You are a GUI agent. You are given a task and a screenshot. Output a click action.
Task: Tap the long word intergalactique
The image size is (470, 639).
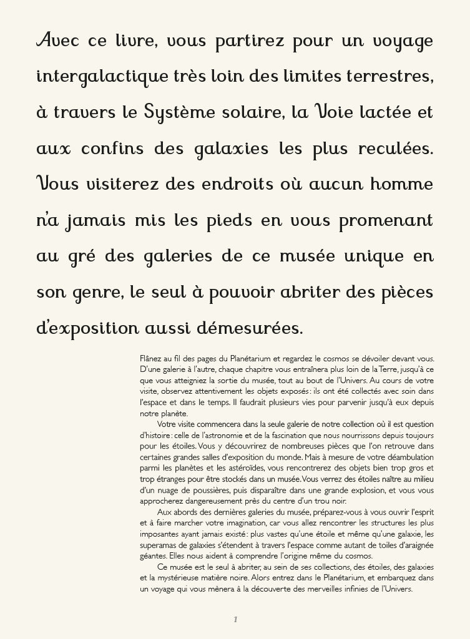click(x=103, y=77)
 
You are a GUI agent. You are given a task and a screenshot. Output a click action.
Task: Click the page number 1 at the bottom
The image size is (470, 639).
click(x=235, y=619)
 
